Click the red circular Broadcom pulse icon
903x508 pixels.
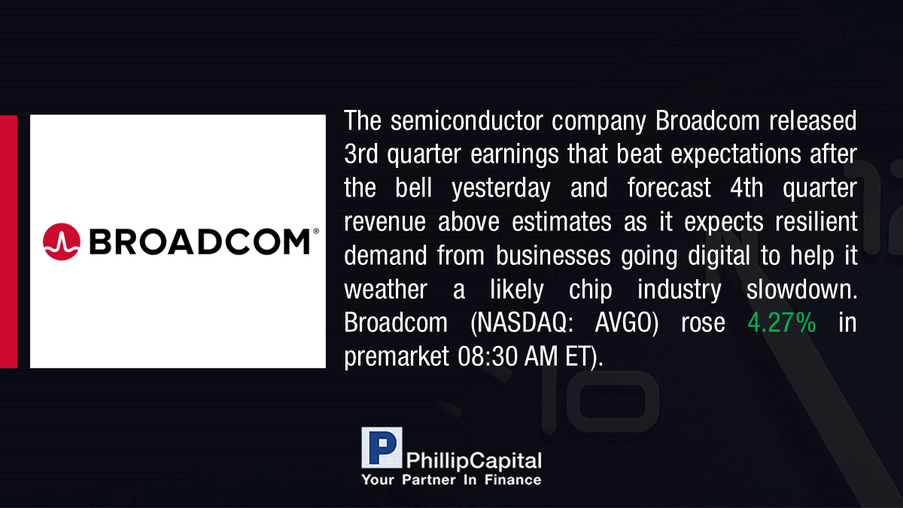(61, 242)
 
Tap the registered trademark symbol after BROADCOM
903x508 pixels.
(316, 231)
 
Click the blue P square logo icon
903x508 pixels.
(382, 448)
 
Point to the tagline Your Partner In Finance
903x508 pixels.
(451, 480)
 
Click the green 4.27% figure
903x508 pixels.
(782, 323)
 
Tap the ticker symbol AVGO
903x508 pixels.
(626, 323)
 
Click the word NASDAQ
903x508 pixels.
(522, 323)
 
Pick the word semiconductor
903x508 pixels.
(467, 120)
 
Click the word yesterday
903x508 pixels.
(500, 189)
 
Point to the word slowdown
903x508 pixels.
(801, 289)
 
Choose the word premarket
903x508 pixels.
(397, 357)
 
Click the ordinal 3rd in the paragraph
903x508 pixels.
(360, 154)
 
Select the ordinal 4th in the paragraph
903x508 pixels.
(746, 188)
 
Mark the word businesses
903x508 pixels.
(553, 255)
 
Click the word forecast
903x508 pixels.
(669, 188)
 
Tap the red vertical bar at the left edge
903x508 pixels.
(8, 242)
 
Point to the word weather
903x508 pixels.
(386, 289)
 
